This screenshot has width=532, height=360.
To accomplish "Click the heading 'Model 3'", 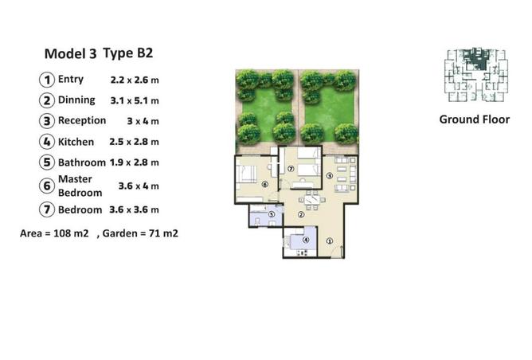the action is (71, 54).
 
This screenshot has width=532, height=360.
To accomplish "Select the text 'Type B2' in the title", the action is (128, 53).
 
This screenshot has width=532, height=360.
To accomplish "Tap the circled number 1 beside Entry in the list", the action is (47, 80).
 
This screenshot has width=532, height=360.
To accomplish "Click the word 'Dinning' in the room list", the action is (76, 100).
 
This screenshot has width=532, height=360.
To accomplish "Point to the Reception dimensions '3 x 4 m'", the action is (143, 121).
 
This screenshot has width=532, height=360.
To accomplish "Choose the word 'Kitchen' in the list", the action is (76, 142).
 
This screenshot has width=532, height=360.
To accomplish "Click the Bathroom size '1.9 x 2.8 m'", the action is (135, 162).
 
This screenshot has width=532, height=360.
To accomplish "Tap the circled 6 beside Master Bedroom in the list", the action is (47, 186).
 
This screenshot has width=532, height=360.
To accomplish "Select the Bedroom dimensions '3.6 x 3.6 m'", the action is (134, 209).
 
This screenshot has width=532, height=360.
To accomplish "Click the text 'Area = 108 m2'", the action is (54, 233).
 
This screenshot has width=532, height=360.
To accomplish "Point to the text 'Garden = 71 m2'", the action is (140, 233).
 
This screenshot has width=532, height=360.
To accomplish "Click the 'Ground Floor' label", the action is (475, 119).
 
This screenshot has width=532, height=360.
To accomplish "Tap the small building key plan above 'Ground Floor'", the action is (476, 75).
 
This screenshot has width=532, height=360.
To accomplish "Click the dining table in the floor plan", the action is (312, 199).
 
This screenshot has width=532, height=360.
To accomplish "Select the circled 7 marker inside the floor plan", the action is (291, 168).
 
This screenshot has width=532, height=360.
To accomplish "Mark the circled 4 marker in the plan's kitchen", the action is (306, 240).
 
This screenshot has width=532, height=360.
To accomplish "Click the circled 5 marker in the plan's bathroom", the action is (271, 214).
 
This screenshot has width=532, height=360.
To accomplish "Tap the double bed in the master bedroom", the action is (246, 174).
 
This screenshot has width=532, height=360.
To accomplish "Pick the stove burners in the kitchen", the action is (302, 252).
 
